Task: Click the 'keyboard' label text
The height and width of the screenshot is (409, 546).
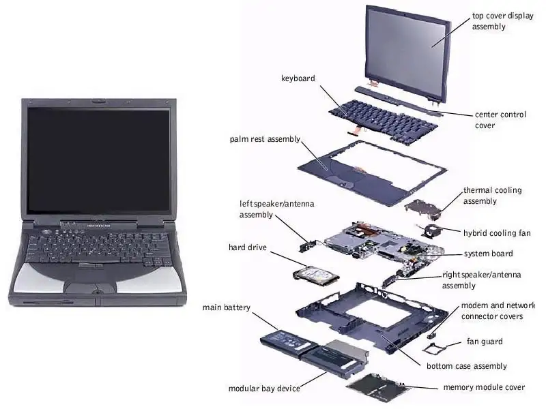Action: pyautogui.click(x=298, y=78)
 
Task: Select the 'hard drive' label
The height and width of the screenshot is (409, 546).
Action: pyautogui.click(x=247, y=247)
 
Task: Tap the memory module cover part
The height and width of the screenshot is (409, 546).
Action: pyautogui.click(x=378, y=387)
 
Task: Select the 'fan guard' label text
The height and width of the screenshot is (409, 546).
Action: pyautogui.click(x=485, y=342)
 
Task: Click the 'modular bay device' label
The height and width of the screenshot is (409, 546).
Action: pyautogui.click(x=264, y=389)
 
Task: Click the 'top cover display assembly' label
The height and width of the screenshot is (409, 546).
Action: pyautogui.click(x=499, y=21)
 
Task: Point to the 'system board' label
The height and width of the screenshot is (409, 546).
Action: pyautogui.click(x=488, y=254)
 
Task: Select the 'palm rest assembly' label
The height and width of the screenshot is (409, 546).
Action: pyautogui.click(x=265, y=139)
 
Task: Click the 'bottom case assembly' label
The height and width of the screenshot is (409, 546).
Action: pyautogui.click(x=467, y=366)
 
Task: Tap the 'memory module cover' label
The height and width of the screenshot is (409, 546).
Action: pyautogui.click(x=484, y=387)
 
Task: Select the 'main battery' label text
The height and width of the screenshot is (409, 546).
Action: pyautogui.click(x=227, y=307)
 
